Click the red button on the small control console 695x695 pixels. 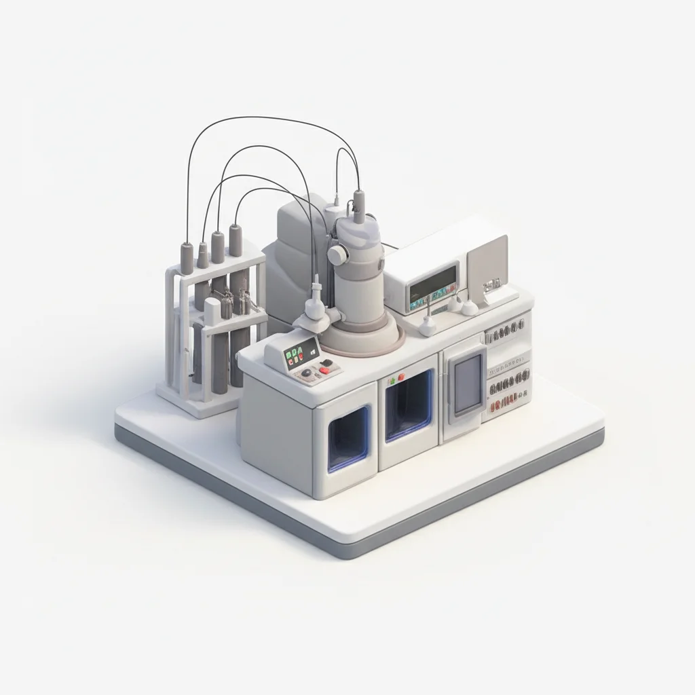326,370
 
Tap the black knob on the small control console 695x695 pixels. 307,373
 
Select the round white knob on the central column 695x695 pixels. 337,255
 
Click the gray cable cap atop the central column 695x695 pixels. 358,202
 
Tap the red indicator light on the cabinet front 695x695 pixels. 401,376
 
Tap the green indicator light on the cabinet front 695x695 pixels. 390,381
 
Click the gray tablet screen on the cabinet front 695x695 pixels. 468,384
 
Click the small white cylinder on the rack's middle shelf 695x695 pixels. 212,311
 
